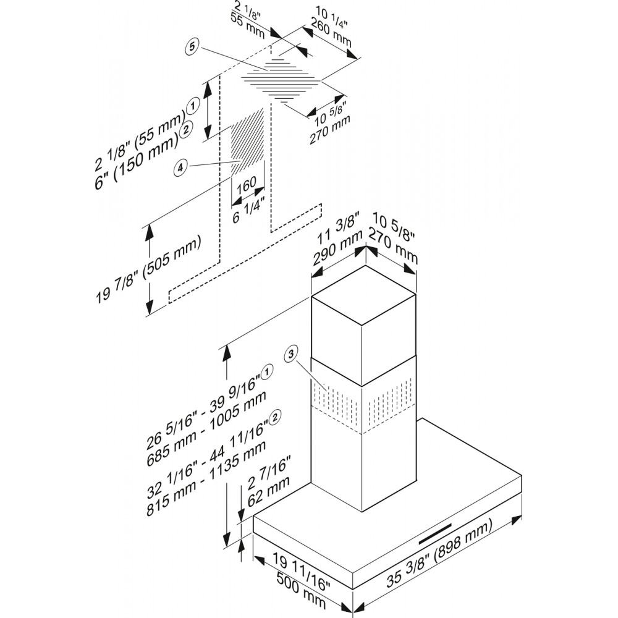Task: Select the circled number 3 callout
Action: click(290, 354)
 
